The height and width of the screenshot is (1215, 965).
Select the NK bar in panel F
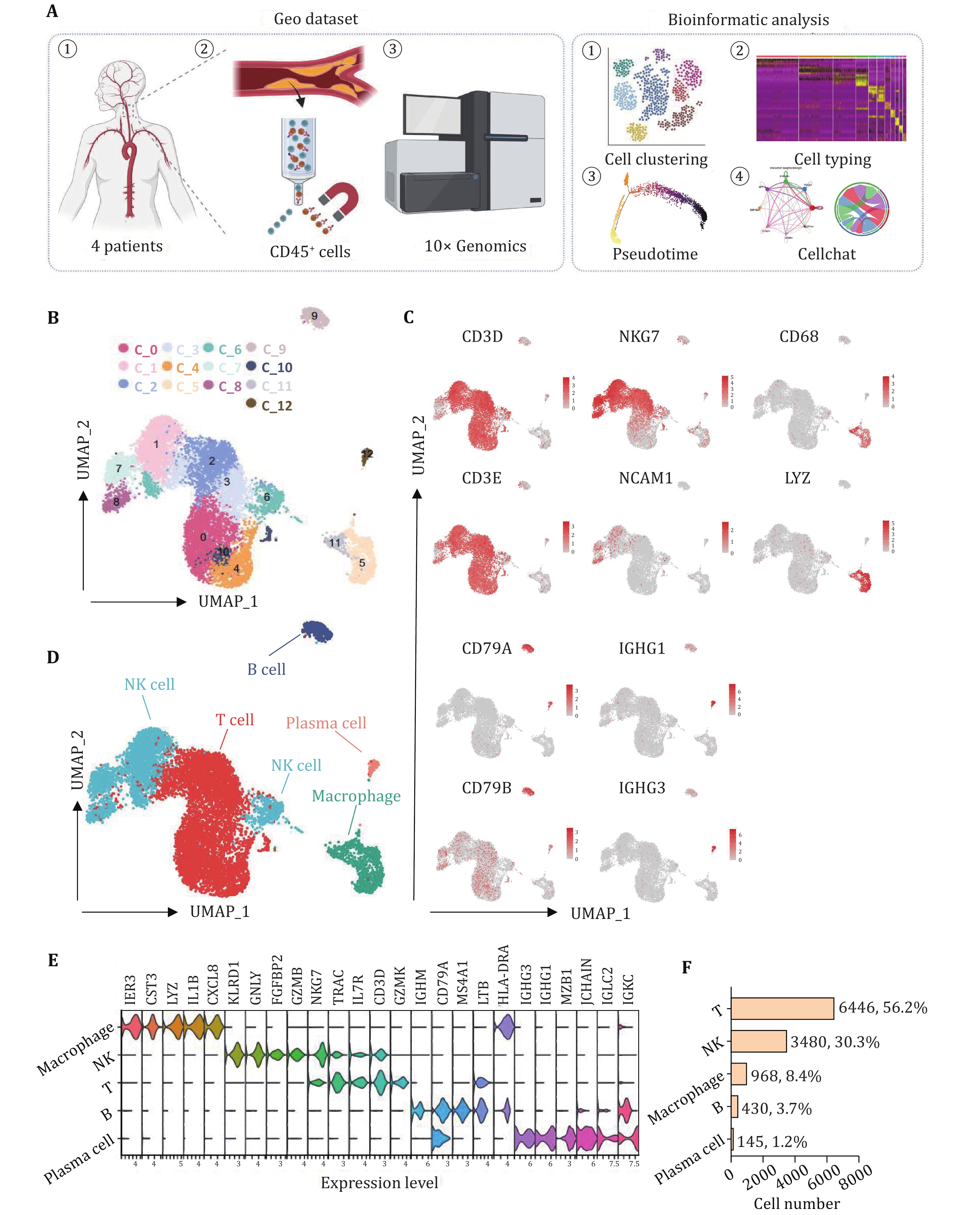[x=758, y=1041]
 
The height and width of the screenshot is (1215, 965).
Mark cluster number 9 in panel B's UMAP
[x=315, y=316]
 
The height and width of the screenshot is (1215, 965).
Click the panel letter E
[x=53, y=960]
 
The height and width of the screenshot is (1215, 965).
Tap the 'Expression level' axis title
[x=379, y=1183]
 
